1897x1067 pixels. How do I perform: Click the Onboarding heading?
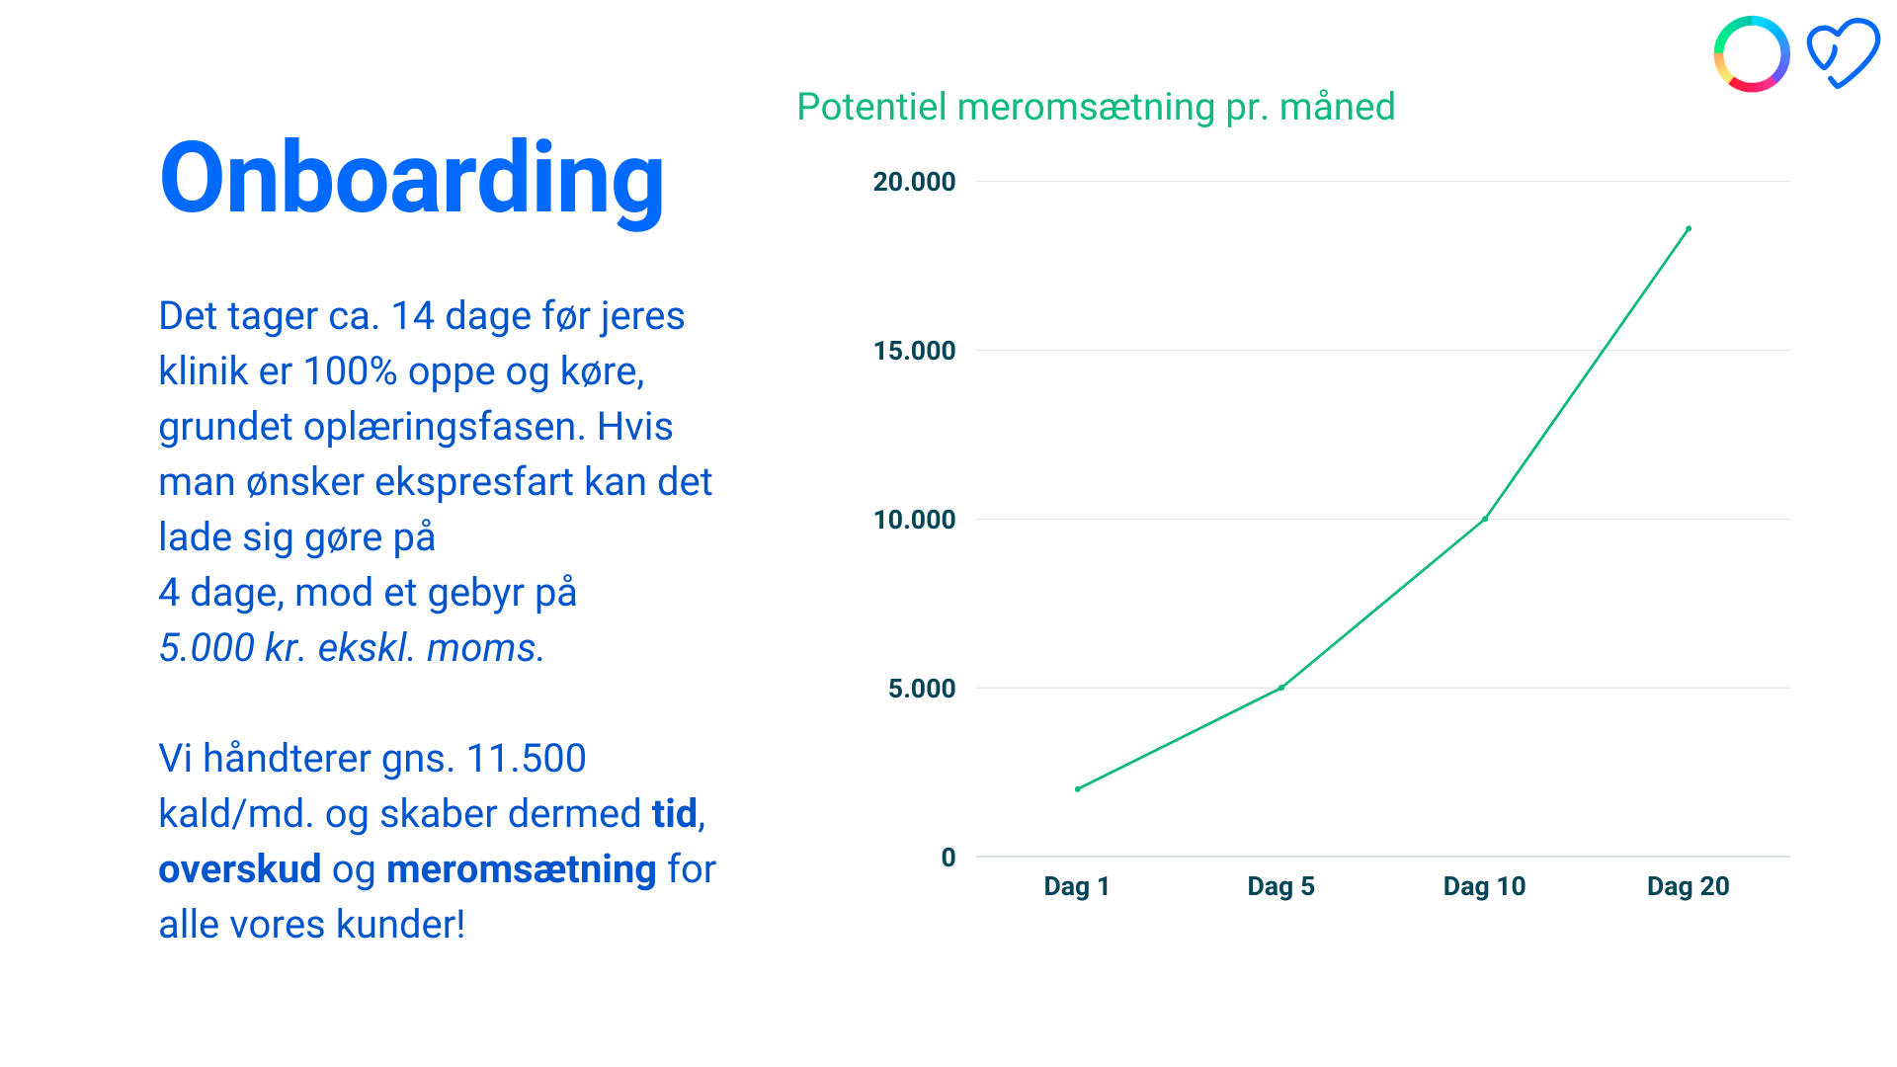pyautogui.click(x=411, y=180)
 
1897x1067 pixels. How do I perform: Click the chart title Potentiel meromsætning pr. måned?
pyautogui.click(x=1096, y=107)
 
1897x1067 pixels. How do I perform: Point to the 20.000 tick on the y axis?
pyautogui.click(x=914, y=182)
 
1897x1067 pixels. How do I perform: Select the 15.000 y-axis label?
pyautogui.click(x=914, y=351)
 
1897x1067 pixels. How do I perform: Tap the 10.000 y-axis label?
pyautogui.click(x=914, y=520)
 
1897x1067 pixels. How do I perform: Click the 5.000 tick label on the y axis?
pyautogui.click(x=922, y=689)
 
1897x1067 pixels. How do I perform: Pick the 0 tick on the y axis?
pyautogui.click(x=948, y=858)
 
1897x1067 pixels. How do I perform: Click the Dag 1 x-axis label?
pyautogui.click(x=1077, y=886)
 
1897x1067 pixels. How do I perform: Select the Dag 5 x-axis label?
pyautogui.click(x=1280, y=886)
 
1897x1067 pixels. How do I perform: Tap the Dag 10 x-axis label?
pyautogui.click(x=1484, y=886)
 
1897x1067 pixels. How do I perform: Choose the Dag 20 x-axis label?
pyautogui.click(x=1688, y=886)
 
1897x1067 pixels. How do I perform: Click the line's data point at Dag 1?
pyautogui.click(x=1077, y=789)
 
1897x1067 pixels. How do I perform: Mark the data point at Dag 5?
pyautogui.click(x=1280, y=688)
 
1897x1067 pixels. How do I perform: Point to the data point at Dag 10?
pyautogui.click(x=1485, y=519)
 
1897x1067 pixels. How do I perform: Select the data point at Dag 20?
pyautogui.click(x=1689, y=229)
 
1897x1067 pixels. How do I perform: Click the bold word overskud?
pyautogui.click(x=240, y=869)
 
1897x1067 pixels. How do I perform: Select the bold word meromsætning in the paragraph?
pyautogui.click(x=522, y=869)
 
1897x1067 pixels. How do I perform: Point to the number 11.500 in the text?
pyautogui.click(x=526, y=759)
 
